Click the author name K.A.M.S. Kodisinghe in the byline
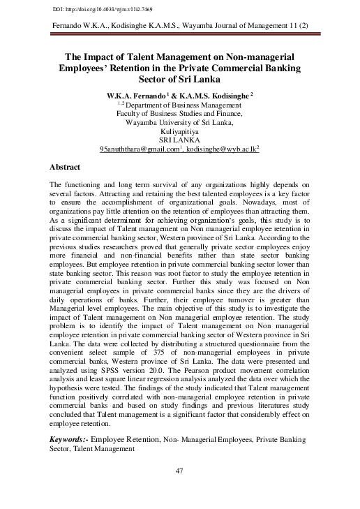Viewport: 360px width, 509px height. point(218,94)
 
